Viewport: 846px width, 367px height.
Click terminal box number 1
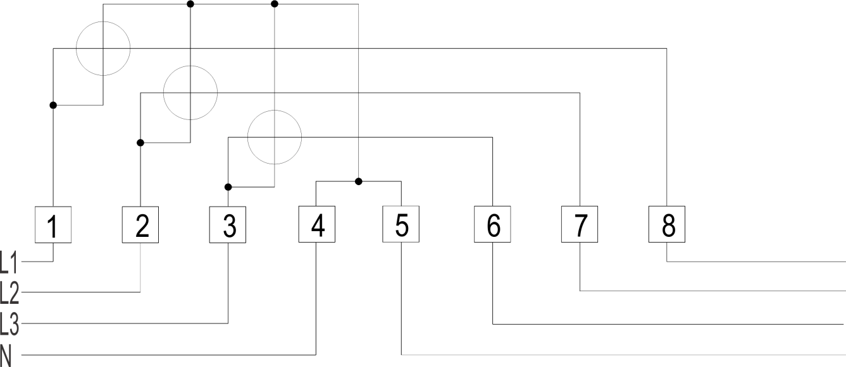click(53, 225)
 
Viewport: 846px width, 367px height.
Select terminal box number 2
click(140, 225)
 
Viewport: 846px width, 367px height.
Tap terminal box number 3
click(228, 225)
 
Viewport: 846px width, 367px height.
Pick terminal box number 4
click(317, 224)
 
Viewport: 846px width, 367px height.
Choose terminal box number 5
click(401, 224)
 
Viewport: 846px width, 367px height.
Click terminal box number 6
click(492, 224)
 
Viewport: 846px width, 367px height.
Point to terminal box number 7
click(580, 224)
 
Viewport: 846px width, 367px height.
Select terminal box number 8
click(667, 224)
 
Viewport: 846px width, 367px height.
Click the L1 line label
click(9, 262)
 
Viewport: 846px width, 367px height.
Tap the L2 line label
click(9, 293)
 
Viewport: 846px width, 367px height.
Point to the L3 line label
click(9, 324)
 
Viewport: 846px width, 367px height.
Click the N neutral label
click(6, 355)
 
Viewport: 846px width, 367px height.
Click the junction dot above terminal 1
click(53, 105)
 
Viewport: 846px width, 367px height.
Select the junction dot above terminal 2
click(140, 143)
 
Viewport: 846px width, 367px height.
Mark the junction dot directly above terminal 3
click(228, 187)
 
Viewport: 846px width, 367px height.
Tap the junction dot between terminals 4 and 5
click(359, 181)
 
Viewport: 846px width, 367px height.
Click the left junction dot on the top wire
click(190, 4)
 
